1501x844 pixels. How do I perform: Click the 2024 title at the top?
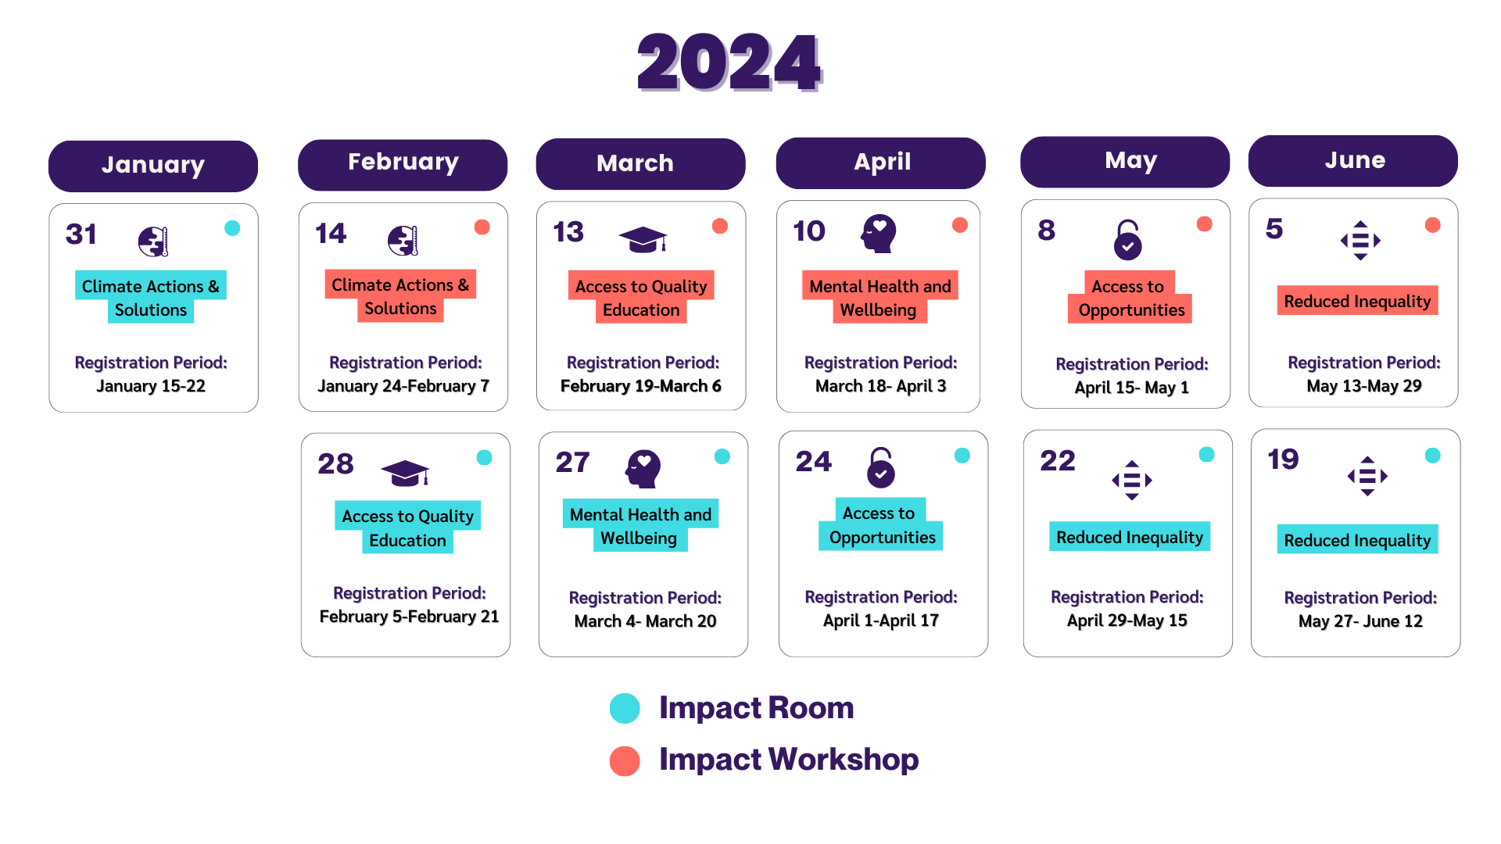729,63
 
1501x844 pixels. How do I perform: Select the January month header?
153,166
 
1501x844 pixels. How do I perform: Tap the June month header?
1353,161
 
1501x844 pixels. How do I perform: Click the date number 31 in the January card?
81,234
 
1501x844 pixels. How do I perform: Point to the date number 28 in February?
335,464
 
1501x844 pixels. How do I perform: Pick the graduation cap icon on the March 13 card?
643,239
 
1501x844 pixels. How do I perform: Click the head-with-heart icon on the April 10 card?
879,233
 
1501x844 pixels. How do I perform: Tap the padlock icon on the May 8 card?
1127,240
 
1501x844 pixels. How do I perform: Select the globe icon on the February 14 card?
403,241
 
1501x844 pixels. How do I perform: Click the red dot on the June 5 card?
1432,225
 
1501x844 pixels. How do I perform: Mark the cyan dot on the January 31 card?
232,228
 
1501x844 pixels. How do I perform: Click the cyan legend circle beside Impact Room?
625,708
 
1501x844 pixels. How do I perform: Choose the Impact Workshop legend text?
789,760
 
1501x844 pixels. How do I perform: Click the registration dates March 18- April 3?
880,386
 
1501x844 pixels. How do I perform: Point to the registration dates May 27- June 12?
1360,621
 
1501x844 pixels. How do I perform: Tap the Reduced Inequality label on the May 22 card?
1130,538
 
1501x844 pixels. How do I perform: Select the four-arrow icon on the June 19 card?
1367,476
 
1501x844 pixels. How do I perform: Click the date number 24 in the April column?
813,462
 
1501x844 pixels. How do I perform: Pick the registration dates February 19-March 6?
640,386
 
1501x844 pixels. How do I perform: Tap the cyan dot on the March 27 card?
722,456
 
